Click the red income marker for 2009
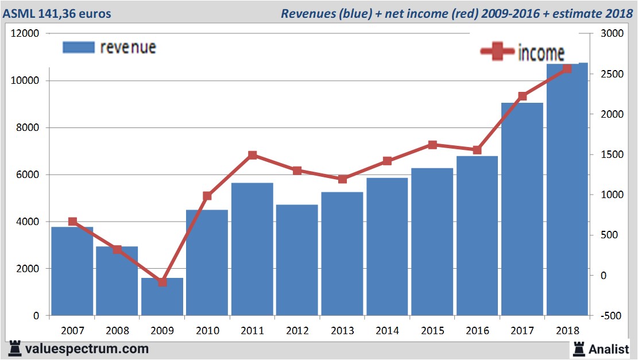click(x=163, y=282)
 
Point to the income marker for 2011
click(x=252, y=155)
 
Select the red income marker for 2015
click(x=432, y=145)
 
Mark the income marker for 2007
click(x=72, y=222)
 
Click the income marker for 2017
click(x=523, y=96)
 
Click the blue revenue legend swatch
click(x=78, y=47)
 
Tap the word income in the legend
click(x=541, y=53)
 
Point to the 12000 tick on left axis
click(x=26, y=33)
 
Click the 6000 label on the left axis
click(x=28, y=175)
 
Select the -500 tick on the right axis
click(x=610, y=316)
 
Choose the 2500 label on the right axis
click(x=610, y=74)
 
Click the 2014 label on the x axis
click(x=388, y=331)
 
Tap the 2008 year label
click(x=117, y=331)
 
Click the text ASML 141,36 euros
click(x=57, y=13)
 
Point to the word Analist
click(x=609, y=349)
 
